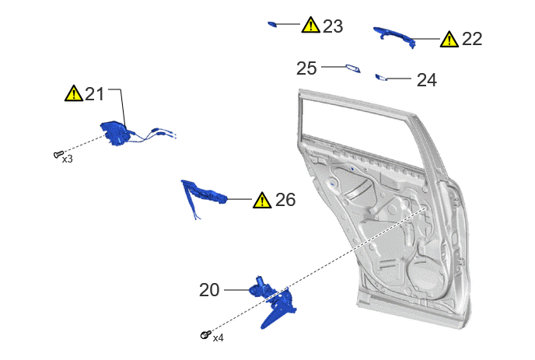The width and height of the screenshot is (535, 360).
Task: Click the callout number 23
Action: pos(333,26)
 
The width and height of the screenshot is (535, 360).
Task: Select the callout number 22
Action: pos(472,39)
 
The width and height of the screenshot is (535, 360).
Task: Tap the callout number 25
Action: pos(306,68)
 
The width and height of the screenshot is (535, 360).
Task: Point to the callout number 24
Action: pos(426,80)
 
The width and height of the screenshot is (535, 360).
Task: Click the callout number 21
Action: pos(94,94)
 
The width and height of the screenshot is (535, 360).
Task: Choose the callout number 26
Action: pos(285,200)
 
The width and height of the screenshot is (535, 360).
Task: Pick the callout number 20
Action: pos(209,290)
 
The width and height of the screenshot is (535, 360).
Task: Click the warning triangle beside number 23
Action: pos(310,25)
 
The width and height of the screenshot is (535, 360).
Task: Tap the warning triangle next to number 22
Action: pos(449,39)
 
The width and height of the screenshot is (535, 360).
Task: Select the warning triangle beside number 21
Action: pos(74,93)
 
